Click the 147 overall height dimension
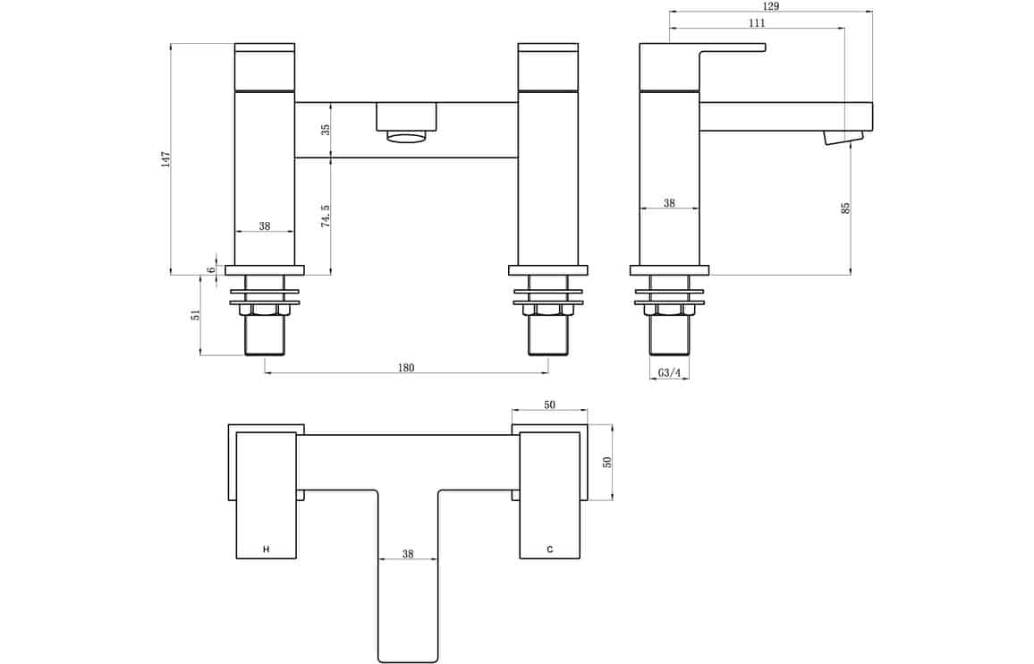coord(165,159)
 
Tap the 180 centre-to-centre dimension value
coord(406,367)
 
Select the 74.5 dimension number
coord(325,216)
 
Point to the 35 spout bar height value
coord(325,130)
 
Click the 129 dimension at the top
coord(770,6)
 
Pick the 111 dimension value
coord(757,23)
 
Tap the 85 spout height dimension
coord(846,208)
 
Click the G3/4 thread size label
coord(669,373)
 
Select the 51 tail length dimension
coord(195,315)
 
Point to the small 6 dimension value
coord(211,270)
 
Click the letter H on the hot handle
coord(267,549)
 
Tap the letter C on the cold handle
coord(550,549)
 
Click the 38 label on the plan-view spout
coord(408,555)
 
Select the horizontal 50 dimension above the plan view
coord(549,404)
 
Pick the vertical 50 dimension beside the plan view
coord(607,462)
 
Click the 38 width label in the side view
coord(669,203)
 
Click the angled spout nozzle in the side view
coord(843,137)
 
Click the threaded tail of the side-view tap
coord(669,336)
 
